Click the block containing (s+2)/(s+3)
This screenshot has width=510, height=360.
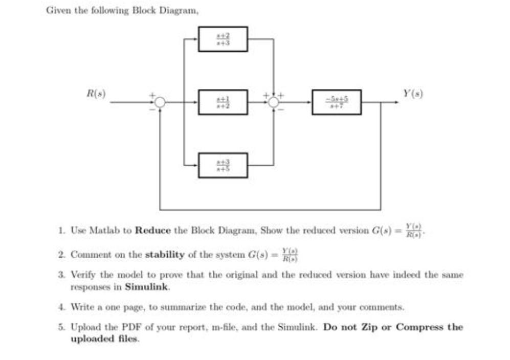(223, 39)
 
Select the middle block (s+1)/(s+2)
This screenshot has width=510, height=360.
(223, 102)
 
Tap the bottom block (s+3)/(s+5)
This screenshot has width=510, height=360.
(223, 165)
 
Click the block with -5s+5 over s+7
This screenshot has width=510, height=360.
(337, 102)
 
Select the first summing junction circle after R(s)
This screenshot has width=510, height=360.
(160, 102)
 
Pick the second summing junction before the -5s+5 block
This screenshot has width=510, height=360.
(274, 102)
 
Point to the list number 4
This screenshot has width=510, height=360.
(60, 307)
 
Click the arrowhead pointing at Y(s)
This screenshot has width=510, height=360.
(396, 102)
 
